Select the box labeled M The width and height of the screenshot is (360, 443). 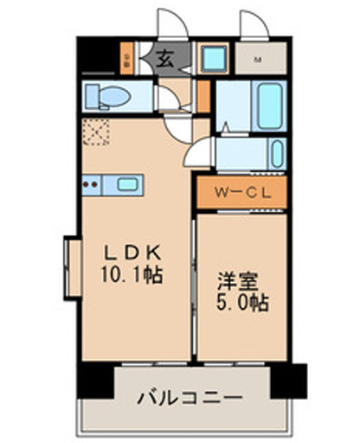[x=259, y=60]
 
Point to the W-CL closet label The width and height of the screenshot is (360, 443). [x=243, y=191]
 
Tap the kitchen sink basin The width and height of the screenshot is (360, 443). [x=127, y=183]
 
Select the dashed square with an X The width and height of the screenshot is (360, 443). [x=93, y=133]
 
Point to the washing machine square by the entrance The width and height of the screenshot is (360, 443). [x=212, y=60]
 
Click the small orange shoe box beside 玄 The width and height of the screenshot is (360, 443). [x=127, y=60]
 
